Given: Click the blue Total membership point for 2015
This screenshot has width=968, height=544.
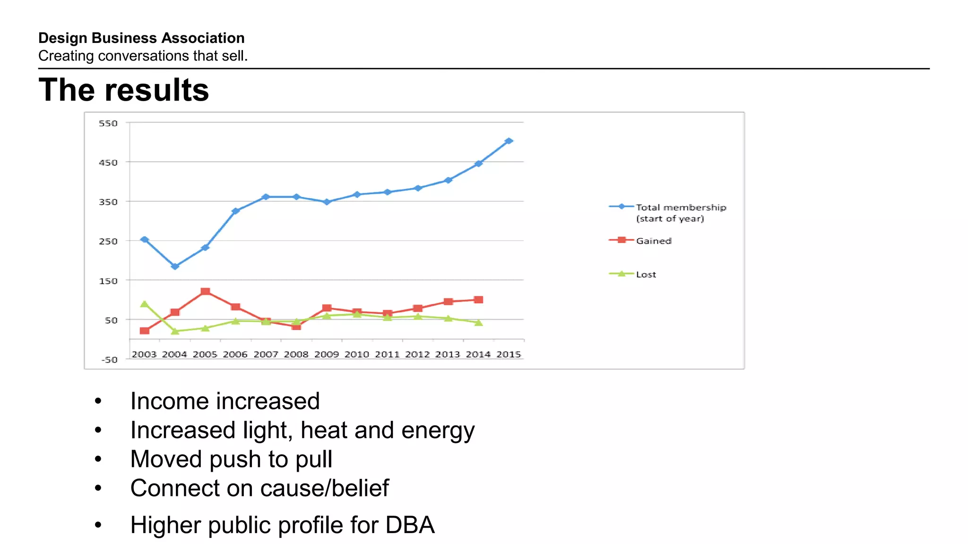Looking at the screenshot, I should (x=509, y=141).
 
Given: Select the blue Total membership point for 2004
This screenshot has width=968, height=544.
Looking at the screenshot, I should (x=175, y=266).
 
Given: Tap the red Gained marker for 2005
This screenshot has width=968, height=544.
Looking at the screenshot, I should (x=205, y=292).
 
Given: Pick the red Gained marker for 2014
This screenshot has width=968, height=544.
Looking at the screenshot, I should (x=478, y=300).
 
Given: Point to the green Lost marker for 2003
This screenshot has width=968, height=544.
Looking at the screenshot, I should (x=145, y=304).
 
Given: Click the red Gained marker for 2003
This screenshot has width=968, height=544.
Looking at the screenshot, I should (x=145, y=331).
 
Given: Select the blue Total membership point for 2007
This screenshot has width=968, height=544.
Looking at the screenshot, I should (x=266, y=197).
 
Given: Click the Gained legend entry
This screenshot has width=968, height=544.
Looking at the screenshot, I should (x=653, y=241).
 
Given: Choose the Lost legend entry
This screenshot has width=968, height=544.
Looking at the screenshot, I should (x=646, y=274).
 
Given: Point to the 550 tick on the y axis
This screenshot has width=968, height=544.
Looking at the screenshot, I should (x=108, y=123).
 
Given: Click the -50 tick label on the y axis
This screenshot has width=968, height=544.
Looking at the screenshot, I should (x=109, y=360).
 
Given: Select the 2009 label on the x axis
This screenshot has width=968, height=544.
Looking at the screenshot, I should (x=326, y=354).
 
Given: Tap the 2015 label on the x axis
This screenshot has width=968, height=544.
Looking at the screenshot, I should (x=509, y=354).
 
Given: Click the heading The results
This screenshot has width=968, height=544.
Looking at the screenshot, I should (x=124, y=90).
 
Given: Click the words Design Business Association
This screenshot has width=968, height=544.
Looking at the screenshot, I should (x=141, y=38).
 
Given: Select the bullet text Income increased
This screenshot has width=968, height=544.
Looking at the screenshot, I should (x=225, y=401).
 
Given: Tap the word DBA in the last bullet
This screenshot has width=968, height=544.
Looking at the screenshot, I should (x=410, y=525).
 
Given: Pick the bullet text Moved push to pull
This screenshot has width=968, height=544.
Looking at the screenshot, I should (x=231, y=459).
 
